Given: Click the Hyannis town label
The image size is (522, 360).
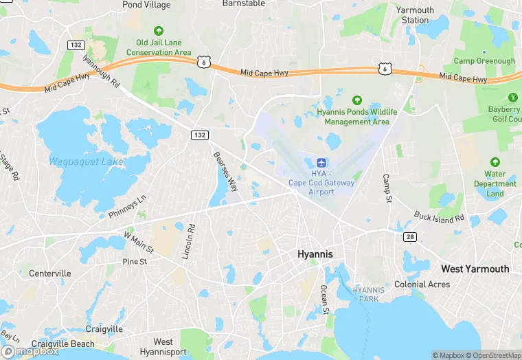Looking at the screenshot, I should click(315, 254).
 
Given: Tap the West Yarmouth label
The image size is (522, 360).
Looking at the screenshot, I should click(475, 269).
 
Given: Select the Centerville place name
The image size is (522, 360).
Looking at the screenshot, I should click(49, 273).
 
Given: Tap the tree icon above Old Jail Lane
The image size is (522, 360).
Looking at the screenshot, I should click(159, 31).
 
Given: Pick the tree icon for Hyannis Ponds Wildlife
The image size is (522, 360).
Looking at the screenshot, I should click(356, 100).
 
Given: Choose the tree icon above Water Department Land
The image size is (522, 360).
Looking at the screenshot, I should click(495, 164).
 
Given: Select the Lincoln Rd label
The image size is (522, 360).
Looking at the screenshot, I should click(188, 242).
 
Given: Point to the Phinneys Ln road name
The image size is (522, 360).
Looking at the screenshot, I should click(128, 207).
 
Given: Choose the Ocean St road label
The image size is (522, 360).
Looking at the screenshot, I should click(325, 300).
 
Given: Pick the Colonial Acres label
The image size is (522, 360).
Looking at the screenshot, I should click(422, 284).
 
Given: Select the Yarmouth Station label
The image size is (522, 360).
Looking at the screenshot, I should click(415, 15).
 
